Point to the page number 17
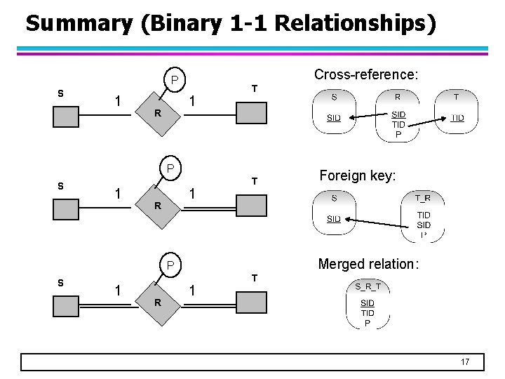pyautogui.click(x=464, y=362)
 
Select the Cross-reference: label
pyautogui.click(x=366, y=74)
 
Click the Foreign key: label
pyautogui.click(x=358, y=176)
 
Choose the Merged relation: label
pyautogui.click(x=368, y=264)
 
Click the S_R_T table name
pyautogui.click(x=367, y=286)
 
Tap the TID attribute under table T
pyautogui.click(x=457, y=118)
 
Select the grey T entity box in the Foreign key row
pyautogui.click(x=250, y=206)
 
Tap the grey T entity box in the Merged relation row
pyautogui.click(x=250, y=301)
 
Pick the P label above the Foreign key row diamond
pyautogui.click(x=170, y=169)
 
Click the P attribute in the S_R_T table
pyautogui.click(x=367, y=323)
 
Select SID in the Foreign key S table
pyautogui.click(x=333, y=219)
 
